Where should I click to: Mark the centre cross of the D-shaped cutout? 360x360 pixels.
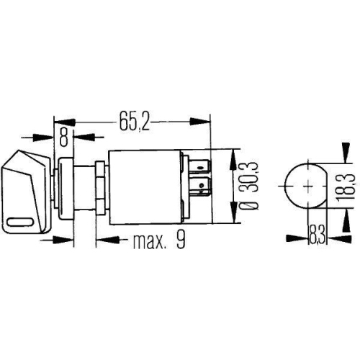pyautogui.click(x=305, y=186)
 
